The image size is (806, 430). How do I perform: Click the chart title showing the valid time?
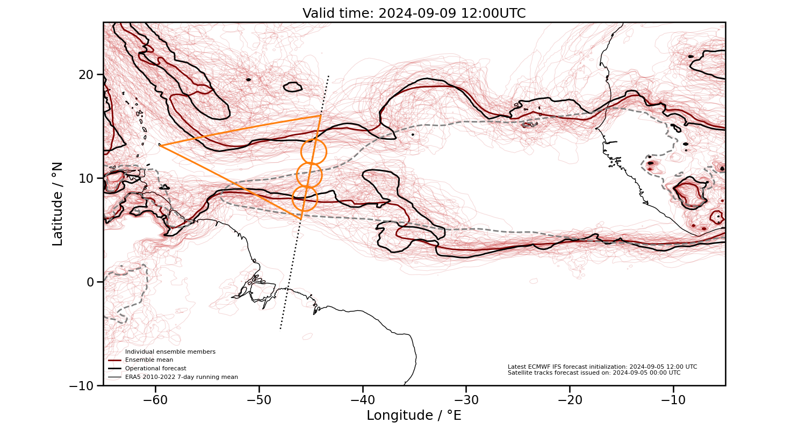tap(414, 13)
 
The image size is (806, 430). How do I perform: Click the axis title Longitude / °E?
tap(414, 415)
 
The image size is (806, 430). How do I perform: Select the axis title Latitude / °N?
tap(57, 204)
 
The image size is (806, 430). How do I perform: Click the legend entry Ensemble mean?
tap(149, 360)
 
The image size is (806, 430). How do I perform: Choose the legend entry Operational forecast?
tap(155, 369)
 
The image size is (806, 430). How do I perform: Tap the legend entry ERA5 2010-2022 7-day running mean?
tap(181, 377)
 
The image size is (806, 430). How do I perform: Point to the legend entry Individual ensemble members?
tap(170, 352)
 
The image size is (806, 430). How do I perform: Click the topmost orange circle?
tap(313, 152)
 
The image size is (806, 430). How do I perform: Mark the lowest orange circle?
tap(305, 198)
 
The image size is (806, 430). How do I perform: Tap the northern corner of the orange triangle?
tap(320, 115)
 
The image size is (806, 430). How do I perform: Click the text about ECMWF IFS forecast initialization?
tap(602, 367)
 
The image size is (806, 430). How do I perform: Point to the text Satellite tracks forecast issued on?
tap(594, 373)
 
